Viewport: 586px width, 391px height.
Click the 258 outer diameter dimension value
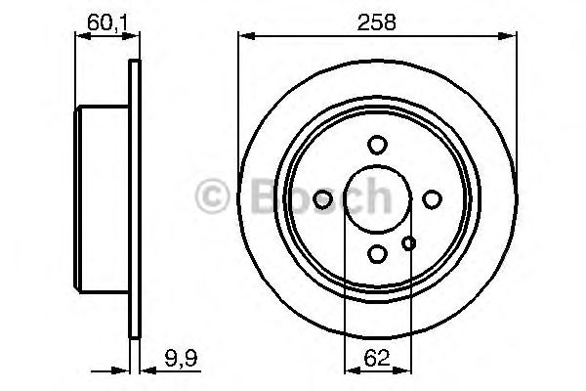click(x=377, y=21)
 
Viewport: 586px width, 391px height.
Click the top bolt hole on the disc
click(x=377, y=145)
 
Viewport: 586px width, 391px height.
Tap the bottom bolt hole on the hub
click(x=377, y=253)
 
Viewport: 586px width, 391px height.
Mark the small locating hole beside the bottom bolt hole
click(x=409, y=243)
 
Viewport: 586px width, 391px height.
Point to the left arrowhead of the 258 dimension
click(x=245, y=38)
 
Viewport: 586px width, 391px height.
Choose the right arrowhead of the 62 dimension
click(x=403, y=369)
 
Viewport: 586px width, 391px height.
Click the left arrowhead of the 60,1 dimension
click(x=80, y=38)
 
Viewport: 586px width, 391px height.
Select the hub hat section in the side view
click(x=103, y=199)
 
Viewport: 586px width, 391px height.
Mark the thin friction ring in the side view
click(x=135, y=199)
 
